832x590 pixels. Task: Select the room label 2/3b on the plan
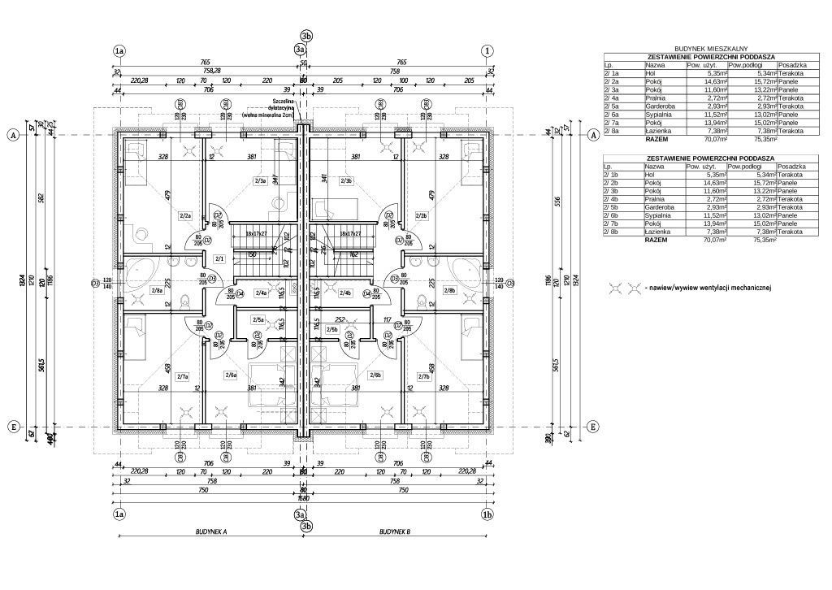(346, 180)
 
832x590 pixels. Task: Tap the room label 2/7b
(422, 375)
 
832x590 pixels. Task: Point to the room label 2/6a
(230, 375)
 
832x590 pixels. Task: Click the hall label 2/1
(219, 258)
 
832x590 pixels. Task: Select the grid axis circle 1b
(487, 514)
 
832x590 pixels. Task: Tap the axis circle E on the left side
(13, 427)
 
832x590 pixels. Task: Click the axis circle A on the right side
(593, 135)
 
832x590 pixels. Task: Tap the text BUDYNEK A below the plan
(210, 531)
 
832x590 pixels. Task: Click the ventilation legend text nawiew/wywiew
(709, 287)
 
